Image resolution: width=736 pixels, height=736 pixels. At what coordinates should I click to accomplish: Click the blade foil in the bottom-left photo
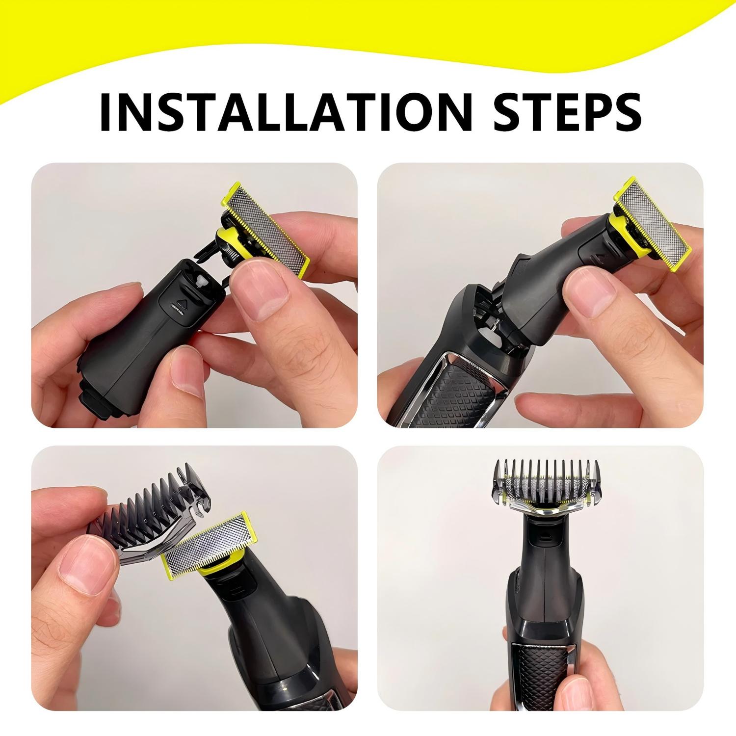pos(206,547)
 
